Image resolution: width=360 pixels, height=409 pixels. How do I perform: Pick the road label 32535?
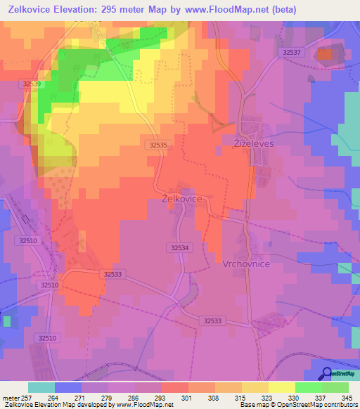(159, 144)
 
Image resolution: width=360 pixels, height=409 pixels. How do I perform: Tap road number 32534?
(181, 247)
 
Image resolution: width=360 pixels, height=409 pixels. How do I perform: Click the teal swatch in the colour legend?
(41, 387)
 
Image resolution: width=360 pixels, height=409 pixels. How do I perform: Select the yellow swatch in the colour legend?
(282, 387)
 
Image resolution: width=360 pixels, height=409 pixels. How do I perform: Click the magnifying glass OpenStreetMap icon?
(327, 374)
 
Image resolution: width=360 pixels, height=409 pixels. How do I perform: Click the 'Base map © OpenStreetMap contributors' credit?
(297, 405)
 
